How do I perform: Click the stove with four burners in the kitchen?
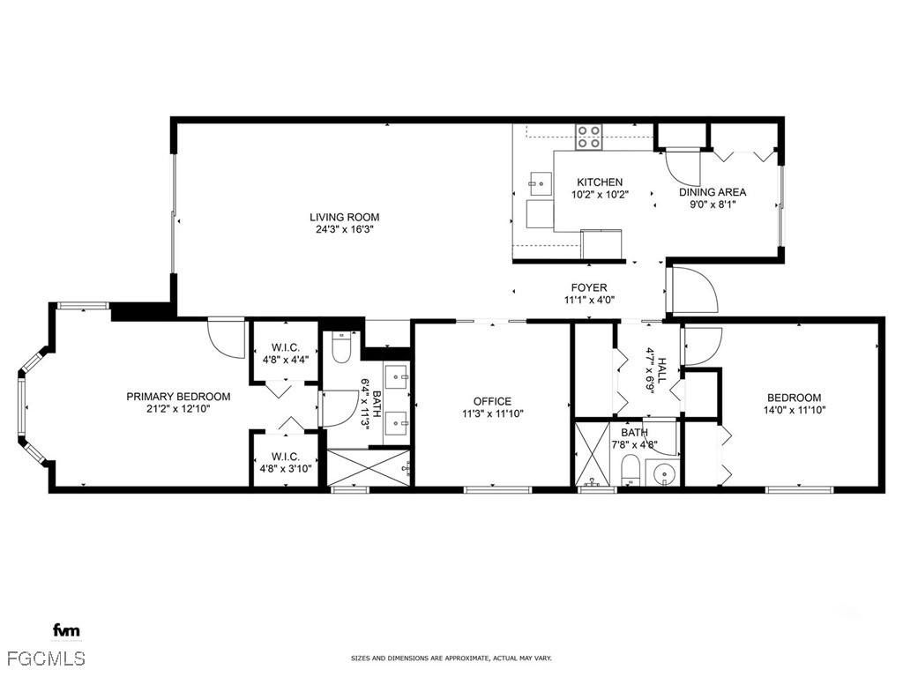click(589, 137)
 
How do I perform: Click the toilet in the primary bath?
click(341, 349)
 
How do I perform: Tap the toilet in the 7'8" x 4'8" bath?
click(631, 469)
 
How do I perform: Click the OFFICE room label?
click(492, 401)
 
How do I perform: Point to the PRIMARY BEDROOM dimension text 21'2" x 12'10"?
click(178, 408)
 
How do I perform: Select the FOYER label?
click(588, 287)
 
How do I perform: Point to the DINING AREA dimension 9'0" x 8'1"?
click(713, 205)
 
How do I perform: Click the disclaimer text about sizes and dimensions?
click(451, 658)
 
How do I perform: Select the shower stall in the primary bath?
click(369, 467)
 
